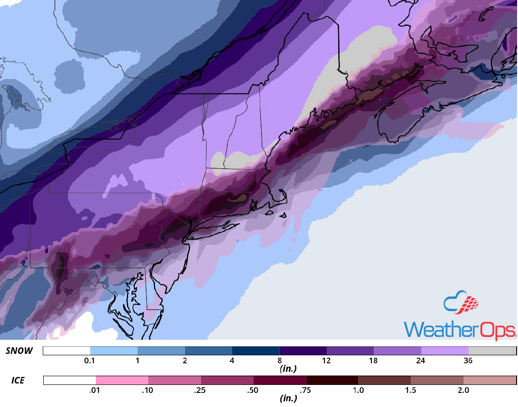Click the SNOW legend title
pos(19,351)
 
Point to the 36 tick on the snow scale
pos(468,361)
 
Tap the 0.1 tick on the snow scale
pos(90,361)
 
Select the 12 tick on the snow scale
pos(326,361)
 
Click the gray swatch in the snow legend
pos(492,351)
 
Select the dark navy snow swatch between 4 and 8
pos(255,351)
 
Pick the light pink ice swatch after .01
pos(122,380)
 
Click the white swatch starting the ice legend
pos(70,380)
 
